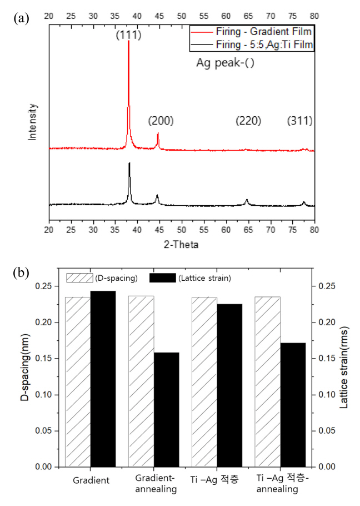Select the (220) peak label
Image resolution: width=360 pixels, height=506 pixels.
(x=248, y=121)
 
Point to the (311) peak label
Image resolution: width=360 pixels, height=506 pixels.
(x=299, y=121)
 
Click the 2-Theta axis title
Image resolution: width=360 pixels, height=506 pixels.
(x=182, y=244)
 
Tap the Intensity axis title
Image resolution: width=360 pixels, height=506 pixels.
(x=33, y=121)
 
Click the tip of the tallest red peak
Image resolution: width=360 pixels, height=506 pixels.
(x=129, y=42)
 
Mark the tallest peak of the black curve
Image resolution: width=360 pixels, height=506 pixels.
(x=129, y=163)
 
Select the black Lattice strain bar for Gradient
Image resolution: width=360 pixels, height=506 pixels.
(x=103, y=378)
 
